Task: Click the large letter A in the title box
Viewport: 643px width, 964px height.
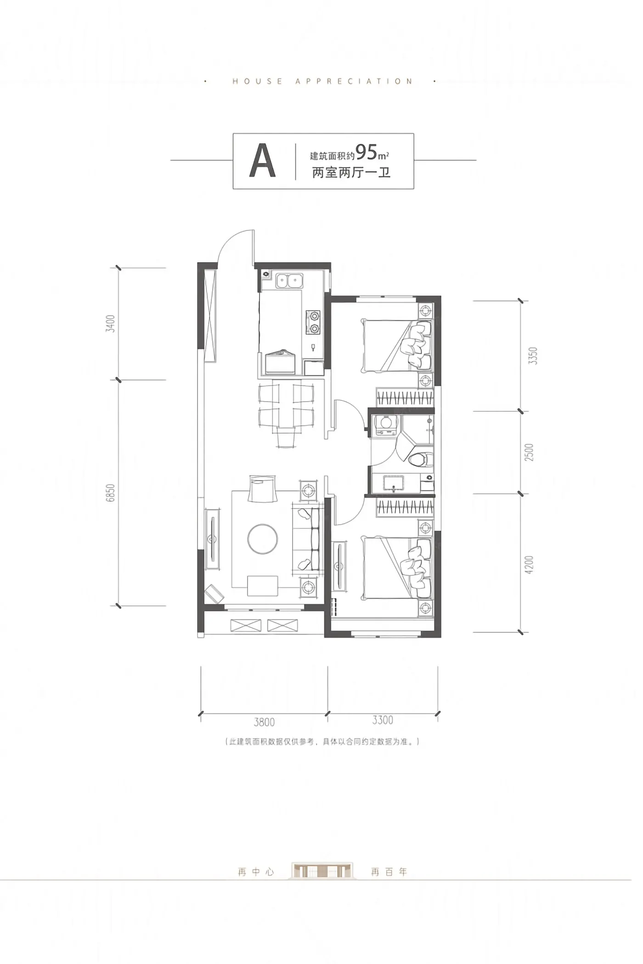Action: pyautogui.click(x=262, y=161)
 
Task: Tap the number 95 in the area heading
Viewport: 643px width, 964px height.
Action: pyautogui.click(x=366, y=151)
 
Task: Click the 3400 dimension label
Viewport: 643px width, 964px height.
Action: pyautogui.click(x=110, y=324)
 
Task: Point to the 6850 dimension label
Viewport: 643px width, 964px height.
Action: pyautogui.click(x=110, y=493)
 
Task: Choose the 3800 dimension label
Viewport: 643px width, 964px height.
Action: pyautogui.click(x=264, y=722)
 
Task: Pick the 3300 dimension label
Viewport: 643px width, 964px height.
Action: pyautogui.click(x=383, y=720)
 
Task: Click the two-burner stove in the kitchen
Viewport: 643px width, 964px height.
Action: pyautogui.click(x=314, y=322)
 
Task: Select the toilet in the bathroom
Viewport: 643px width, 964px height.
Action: pyautogui.click(x=421, y=459)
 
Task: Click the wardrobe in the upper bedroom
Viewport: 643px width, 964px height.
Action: pyautogui.click(x=405, y=397)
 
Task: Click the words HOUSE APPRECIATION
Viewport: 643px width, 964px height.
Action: pyautogui.click(x=322, y=82)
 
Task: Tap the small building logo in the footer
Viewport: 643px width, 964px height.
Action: pyautogui.click(x=322, y=871)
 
